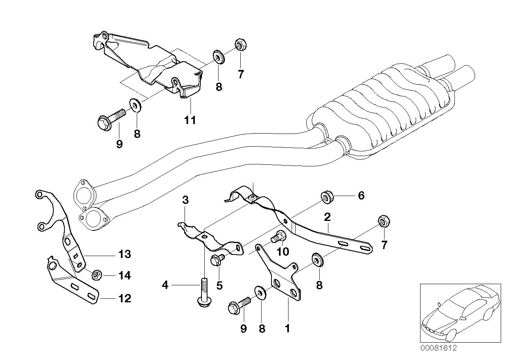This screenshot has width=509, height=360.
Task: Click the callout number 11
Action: [x=190, y=120]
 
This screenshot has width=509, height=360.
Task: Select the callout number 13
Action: [x=124, y=254]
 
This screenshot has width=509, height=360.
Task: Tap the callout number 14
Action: [x=124, y=275]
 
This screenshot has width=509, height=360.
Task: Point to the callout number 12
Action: [x=124, y=298]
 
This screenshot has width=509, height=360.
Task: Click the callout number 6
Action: [x=361, y=196]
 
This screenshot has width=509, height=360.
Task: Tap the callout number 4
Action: [x=165, y=285]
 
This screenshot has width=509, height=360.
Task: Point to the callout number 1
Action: [x=287, y=328]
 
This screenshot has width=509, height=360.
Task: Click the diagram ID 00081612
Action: [x=438, y=348]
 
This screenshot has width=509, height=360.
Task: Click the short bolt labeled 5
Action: [x=217, y=260]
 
